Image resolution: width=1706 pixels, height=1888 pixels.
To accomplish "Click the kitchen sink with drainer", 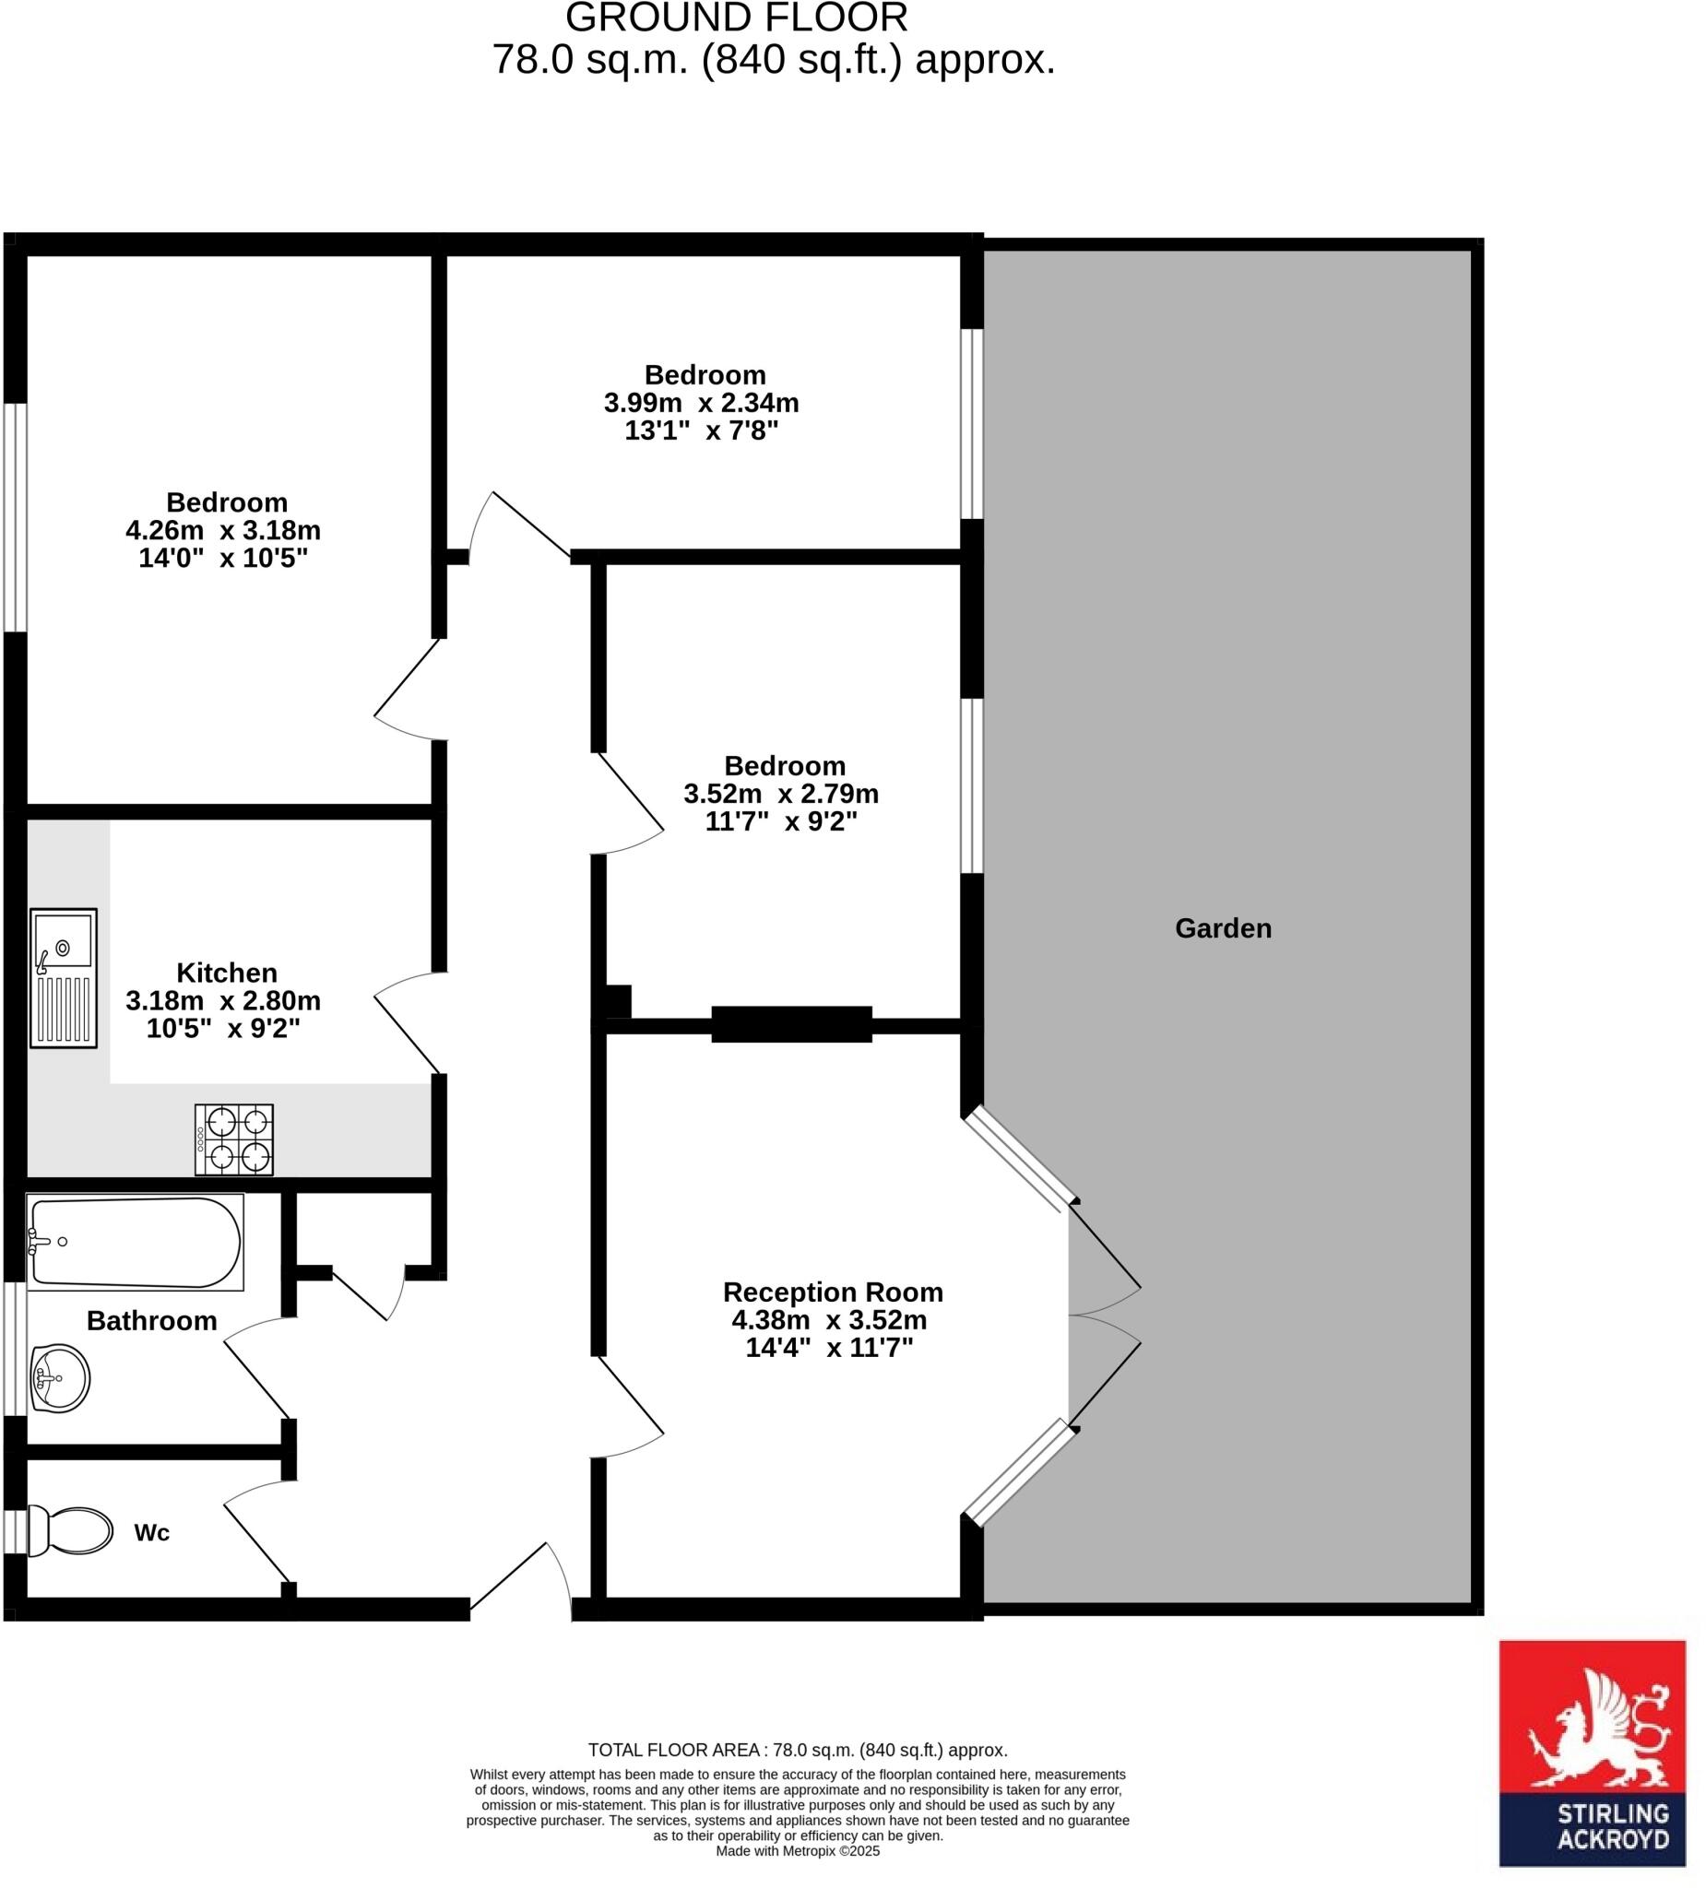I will pyautogui.click(x=63, y=977).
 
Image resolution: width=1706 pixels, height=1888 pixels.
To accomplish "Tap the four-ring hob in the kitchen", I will pyautogui.click(x=233, y=1138).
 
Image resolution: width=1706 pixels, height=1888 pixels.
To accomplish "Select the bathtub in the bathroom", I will pyautogui.click(x=135, y=1241).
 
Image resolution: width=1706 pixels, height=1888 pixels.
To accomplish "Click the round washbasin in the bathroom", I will pyautogui.click(x=59, y=1377).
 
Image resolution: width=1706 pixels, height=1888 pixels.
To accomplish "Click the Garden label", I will pyautogui.click(x=1222, y=928).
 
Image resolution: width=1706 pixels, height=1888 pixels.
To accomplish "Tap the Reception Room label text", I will pyautogui.click(x=832, y=1292).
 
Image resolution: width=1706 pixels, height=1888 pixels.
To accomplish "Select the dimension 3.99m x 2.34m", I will pyautogui.click(x=701, y=403).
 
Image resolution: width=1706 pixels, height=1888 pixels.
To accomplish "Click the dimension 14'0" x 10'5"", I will pyautogui.click(x=223, y=558).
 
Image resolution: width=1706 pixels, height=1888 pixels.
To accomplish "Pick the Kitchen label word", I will pyautogui.click(x=227, y=972).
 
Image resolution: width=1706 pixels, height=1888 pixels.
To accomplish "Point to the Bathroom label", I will pyautogui.click(x=152, y=1320).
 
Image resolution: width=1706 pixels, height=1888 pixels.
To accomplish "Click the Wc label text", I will pyautogui.click(x=152, y=1532).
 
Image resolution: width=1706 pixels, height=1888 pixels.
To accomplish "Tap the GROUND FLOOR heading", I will pyautogui.click(x=737, y=18).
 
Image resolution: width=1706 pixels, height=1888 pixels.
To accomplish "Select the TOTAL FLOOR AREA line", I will pyautogui.click(x=798, y=1750).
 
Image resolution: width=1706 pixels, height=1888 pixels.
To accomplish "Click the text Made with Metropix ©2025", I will pyautogui.click(x=798, y=1850).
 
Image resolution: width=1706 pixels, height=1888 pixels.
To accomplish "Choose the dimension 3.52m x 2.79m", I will pyautogui.click(x=780, y=793).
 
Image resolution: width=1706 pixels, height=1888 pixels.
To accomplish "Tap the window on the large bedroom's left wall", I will pyautogui.click(x=15, y=517).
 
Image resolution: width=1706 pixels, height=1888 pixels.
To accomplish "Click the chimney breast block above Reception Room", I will pyautogui.click(x=790, y=1023).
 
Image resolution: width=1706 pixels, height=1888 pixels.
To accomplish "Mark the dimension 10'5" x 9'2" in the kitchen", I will pyautogui.click(x=223, y=1028).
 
